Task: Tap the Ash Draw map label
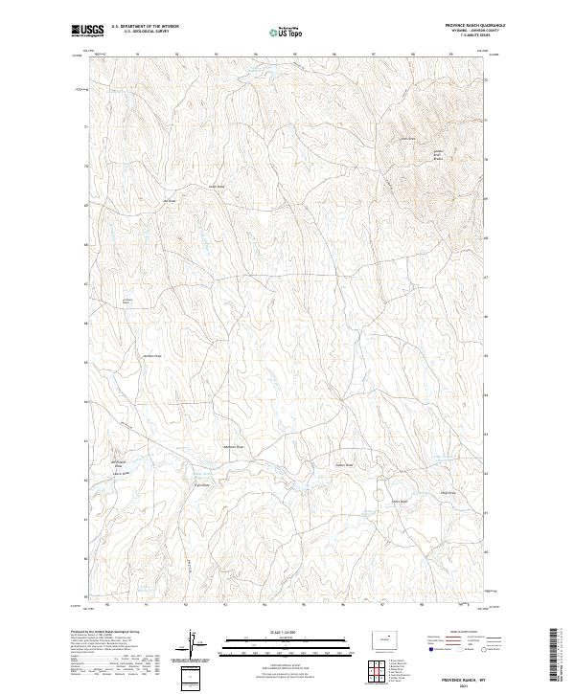point(171,200)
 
